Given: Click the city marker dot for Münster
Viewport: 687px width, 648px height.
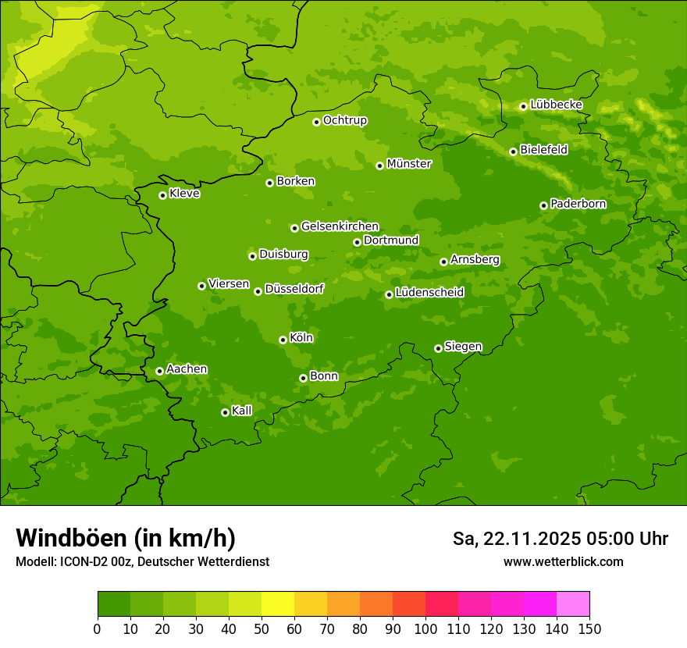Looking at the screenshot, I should coord(379,166).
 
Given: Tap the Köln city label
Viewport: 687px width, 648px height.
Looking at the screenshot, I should coord(301,338).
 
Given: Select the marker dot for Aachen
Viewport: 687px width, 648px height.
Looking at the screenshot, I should coord(159,371).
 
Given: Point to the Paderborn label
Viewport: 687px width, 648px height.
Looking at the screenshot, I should coord(578,204).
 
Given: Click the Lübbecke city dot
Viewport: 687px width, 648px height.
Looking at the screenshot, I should coord(523,106).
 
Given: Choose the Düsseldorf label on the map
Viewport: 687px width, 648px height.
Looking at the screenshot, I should coord(294,289).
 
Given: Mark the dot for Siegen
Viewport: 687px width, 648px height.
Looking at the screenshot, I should coord(438,348).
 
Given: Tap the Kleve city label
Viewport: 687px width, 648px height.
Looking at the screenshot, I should coord(184,194).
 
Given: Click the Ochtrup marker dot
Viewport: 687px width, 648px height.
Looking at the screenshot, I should coord(316,121).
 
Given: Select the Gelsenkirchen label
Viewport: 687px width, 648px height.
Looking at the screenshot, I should coord(340,226).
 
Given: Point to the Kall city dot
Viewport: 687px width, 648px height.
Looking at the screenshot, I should coord(225,412).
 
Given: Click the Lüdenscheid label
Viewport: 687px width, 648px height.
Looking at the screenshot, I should coord(429,293).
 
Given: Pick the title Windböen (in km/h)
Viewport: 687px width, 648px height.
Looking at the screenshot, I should coord(126,538).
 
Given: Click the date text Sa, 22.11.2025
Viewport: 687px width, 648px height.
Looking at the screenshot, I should coord(516,539).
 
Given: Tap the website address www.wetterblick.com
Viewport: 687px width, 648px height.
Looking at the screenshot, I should coord(563,561).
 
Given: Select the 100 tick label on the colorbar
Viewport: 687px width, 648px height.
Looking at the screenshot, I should coord(425,628).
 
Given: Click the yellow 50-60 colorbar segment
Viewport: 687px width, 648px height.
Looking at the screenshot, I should coord(278,604).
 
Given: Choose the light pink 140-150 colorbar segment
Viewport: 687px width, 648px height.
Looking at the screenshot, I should coord(573,604).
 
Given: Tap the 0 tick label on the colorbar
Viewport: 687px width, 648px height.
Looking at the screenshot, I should coord(98,628).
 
